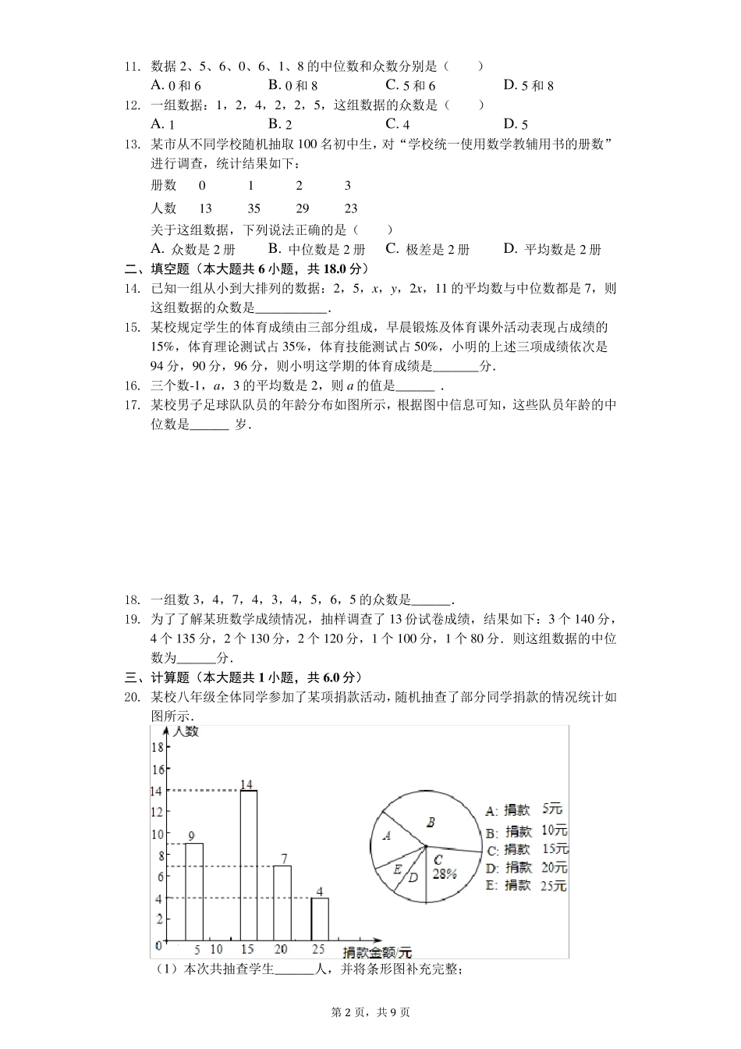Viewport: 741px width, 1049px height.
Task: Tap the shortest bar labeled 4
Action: click(319, 919)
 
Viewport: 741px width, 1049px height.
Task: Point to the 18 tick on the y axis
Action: click(157, 747)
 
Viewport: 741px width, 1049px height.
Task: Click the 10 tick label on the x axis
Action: click(216, 950)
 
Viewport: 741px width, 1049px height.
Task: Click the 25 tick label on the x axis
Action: click(317, 950)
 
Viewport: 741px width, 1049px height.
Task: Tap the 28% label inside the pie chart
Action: click(444, 874)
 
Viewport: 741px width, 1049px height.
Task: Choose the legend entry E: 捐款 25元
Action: click(526, 885)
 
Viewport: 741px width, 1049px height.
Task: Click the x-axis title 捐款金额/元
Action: click(377, 952)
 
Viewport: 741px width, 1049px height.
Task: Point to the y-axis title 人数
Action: click(186, 732)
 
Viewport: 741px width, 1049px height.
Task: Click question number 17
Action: click(132, 405)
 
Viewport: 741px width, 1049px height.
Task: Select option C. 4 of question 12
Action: click(398, 124)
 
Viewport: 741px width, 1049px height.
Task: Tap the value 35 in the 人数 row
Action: click(253, 208)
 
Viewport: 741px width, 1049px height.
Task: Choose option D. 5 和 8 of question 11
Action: click(528, 86)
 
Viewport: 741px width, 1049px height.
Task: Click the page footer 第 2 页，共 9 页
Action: click(370, 1012)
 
